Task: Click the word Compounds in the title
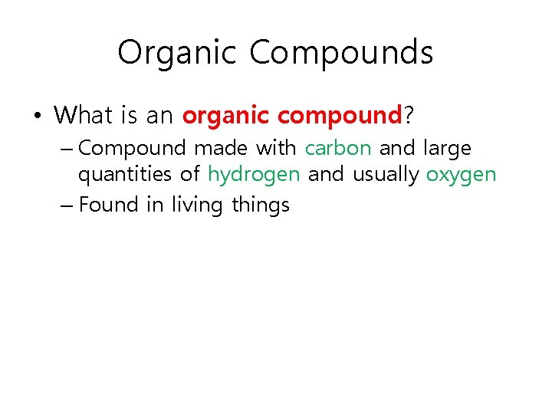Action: click(x=341, y=53)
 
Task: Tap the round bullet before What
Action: click(x=38, y=116)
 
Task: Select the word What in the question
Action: click(x=84, y=115)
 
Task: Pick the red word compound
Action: click(x=340, y=116)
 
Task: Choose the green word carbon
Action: click(x=338, y=147)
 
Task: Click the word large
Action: click(x=447, y=148)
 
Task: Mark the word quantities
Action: click(x=125, y=175)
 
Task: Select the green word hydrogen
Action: click(x=254, y=175)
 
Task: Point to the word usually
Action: click(x=386, y=175)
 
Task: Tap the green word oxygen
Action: click(x=462, y=176)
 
